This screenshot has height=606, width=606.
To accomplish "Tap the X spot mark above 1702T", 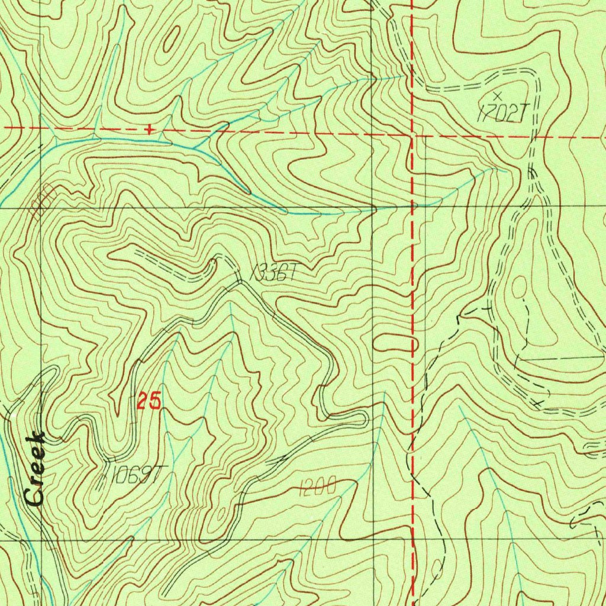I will tap(497, 95).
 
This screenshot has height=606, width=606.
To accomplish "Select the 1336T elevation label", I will tap(273, 273).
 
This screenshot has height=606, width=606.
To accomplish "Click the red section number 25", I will tap(149, 402).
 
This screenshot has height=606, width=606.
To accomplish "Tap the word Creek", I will tap(36, 469).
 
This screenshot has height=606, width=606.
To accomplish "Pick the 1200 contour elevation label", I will tap(318, 488).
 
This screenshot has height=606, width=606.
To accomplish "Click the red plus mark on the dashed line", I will tap(150, 128).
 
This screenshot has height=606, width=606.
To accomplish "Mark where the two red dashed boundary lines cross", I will tap(412, 135).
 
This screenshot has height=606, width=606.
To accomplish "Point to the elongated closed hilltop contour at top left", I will tap(172, 40).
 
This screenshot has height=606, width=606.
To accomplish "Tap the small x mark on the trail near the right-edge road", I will tap(537, 403).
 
